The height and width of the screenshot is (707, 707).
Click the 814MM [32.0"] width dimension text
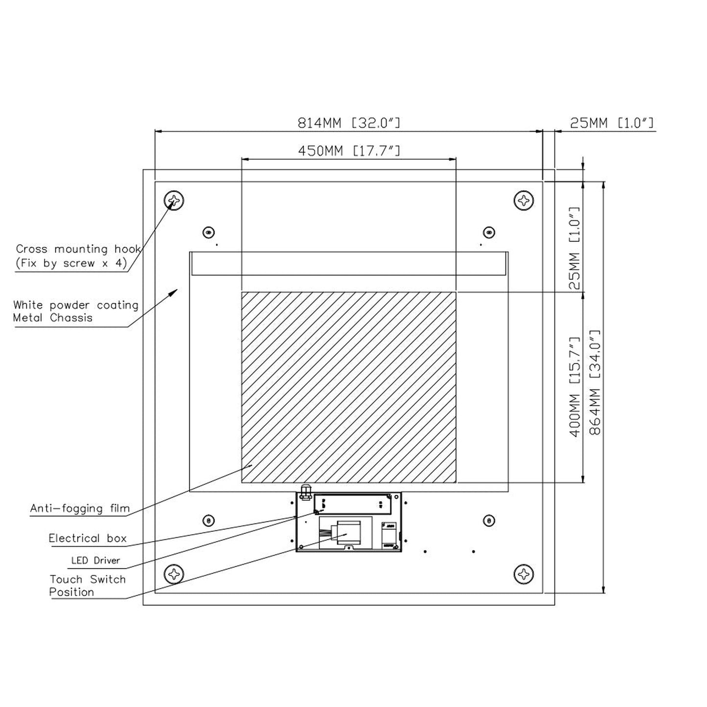(x=349, y=123)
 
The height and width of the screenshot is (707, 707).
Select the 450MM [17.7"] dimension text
(x=349, y=151)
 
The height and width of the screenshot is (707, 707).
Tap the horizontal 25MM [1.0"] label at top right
(x=612, y=123)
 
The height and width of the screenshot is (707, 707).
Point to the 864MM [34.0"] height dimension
(x=595, y=382)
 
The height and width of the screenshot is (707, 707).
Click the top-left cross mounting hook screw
(x=174, y=201)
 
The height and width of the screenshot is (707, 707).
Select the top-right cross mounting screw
(x=524, y=201)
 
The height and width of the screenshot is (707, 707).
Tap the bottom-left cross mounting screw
(x=174, y=573)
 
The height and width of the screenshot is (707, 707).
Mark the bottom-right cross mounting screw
(x=524, y=573)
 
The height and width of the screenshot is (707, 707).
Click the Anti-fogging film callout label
(x=80, y=508)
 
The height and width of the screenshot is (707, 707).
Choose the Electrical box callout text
(x=88, y=539)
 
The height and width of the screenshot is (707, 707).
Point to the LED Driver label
(x=95, y=561)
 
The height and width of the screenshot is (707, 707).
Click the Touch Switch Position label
(x=87, y=586)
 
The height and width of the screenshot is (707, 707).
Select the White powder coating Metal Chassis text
(x=76, y=311)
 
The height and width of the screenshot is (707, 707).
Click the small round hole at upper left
(x=209, y=232)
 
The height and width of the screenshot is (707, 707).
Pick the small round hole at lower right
(x=488, y=521)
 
